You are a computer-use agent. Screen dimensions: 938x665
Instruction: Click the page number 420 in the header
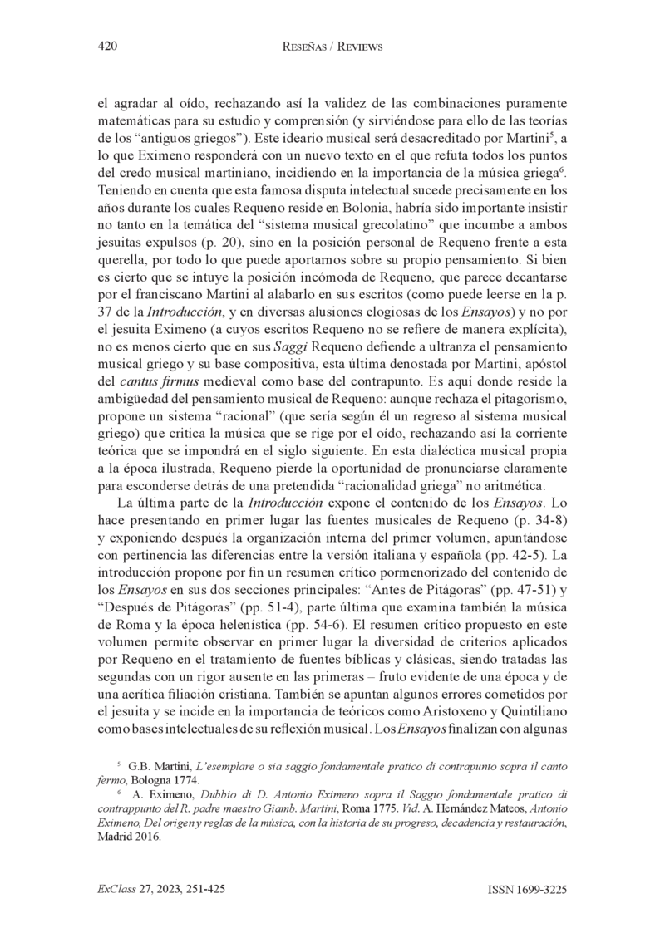(108, 47)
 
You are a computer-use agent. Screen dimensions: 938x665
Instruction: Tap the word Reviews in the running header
(356, 47)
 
